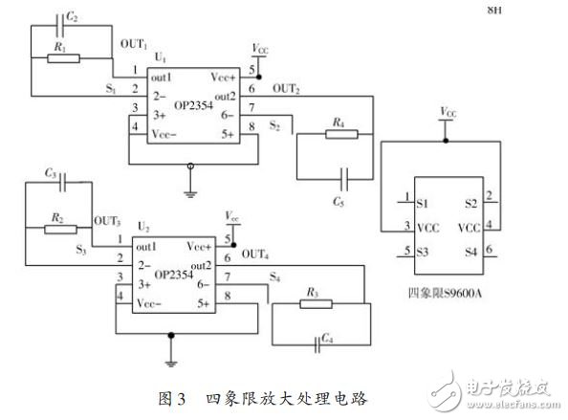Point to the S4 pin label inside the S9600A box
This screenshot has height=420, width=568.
pos(470,252)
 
